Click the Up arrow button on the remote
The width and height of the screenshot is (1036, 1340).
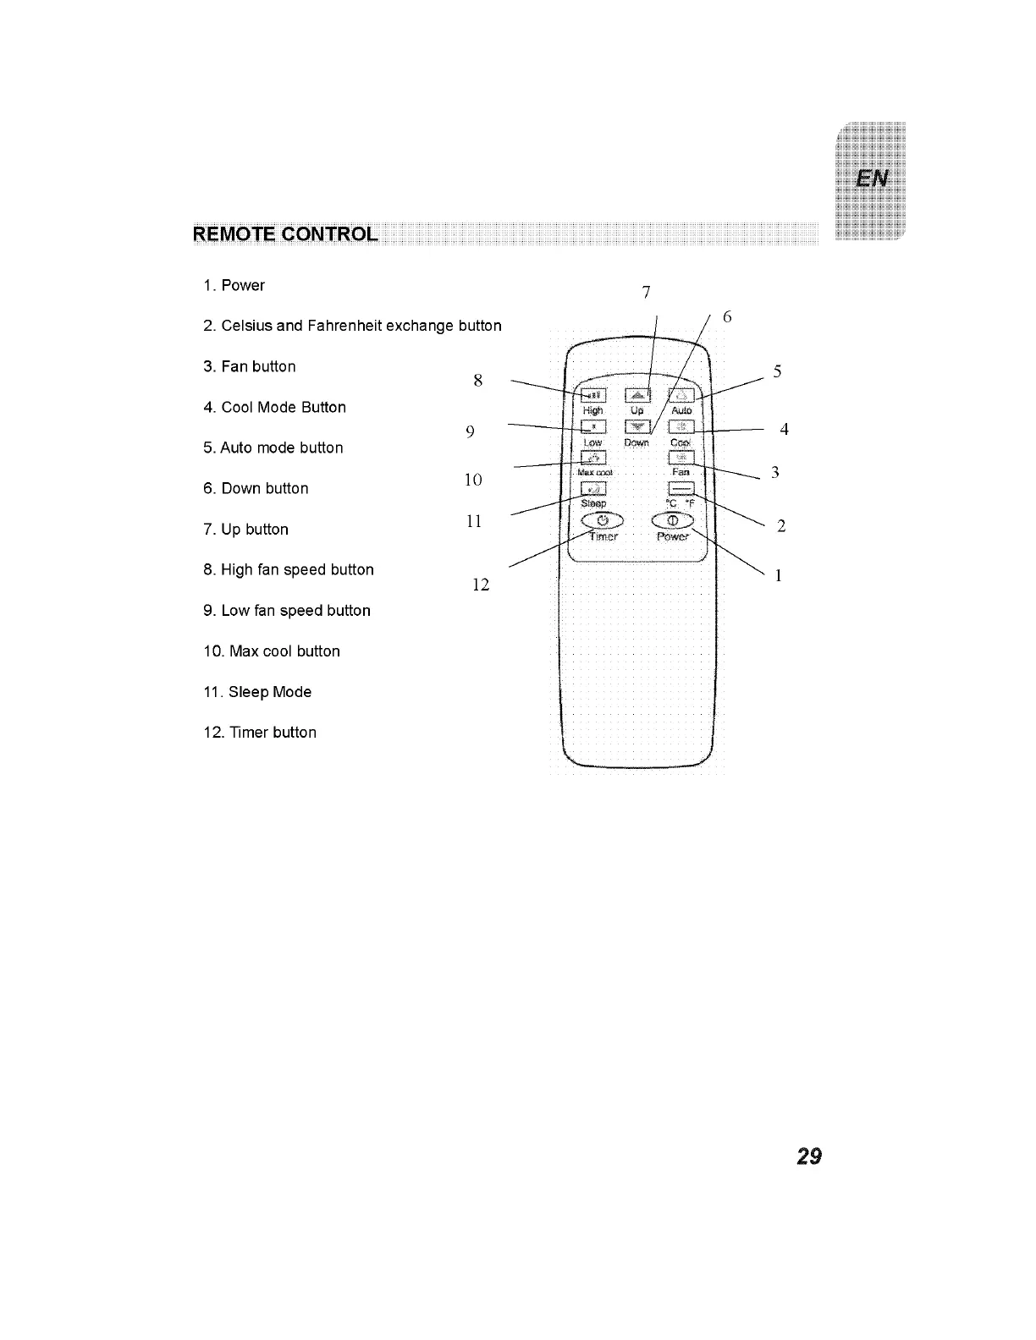pos(637,395)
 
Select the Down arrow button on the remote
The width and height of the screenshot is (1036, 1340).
pos(637,427)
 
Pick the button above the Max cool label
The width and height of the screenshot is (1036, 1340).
pos(593,459)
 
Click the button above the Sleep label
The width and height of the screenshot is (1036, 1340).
pos(593,489)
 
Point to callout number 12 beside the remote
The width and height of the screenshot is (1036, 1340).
pos(481,585)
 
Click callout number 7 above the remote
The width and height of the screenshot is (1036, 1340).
pos(646,293)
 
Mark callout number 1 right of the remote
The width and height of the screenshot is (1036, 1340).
pos(778,576)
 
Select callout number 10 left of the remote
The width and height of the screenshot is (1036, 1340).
pos(474,481)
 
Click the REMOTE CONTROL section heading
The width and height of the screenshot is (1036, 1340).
pos(284,234)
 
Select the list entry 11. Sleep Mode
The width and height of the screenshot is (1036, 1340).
pos(257,692)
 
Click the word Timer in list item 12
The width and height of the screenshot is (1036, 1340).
pos(247,733)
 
